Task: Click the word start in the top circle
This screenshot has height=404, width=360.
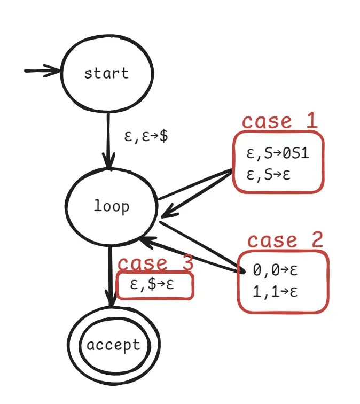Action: pyautogui.click(x=106, y=73)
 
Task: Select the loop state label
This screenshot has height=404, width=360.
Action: pyautogui.click(x=111, y=206)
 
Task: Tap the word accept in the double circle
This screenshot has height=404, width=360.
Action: pyautogui.click(x=113, y=345)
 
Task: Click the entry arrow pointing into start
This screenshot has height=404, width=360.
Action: pyautogui.click(x=43, y=71)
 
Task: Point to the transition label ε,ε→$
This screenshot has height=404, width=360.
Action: pyautogui.click(x=146, y=135)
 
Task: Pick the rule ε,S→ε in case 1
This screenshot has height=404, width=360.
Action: pyautogui.click(x=268, y=174)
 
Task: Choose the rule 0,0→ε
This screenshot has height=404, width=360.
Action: pyautogui.click(x=275, y=270)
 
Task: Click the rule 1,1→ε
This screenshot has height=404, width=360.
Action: pyautogui.click(x=275, y=292)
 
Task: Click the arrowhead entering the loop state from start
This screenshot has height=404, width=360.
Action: pyautogui.click(x=109, y=162)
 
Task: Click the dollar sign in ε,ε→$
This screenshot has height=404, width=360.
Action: pyautogui.click(x=163, y=135)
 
